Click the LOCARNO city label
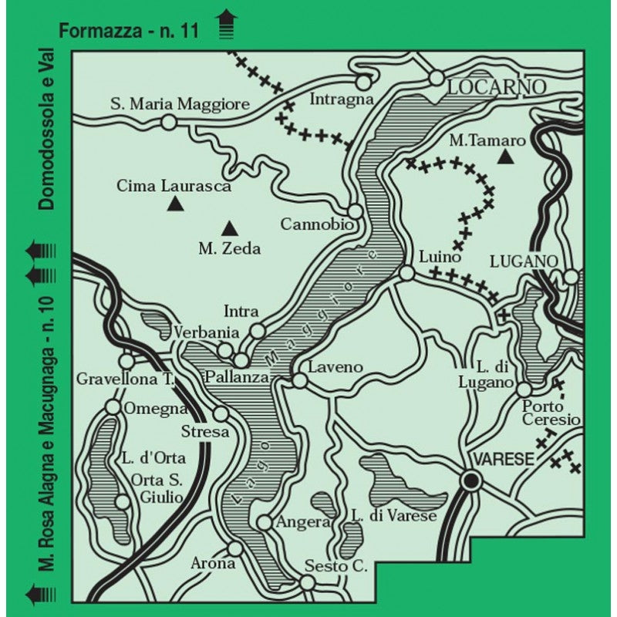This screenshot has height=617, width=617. click(496, 86)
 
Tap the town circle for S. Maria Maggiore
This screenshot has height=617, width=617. click(168, 122)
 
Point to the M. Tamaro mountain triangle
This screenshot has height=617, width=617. click(505, 157)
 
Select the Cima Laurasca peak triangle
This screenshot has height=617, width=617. click(175, 204)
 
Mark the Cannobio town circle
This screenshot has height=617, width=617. click(355, 211)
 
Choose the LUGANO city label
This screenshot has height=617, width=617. click(523, 261)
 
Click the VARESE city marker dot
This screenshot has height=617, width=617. click(470, 480)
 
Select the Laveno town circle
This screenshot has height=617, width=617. click(299, 379)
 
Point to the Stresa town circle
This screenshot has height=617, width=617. click(221, 413)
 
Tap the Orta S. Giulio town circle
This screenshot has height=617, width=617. click(122, 502)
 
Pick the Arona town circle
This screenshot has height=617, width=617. click(235, 548)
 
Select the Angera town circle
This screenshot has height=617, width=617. click(264, 523)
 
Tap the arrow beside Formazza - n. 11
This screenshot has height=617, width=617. click(225, 24)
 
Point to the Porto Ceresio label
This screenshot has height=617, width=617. click(551, 413)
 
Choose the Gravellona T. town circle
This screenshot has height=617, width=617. click(126, 361)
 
